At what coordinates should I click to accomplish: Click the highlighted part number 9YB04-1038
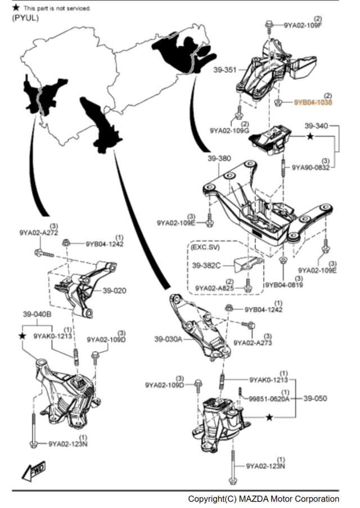click(x=313, y=103)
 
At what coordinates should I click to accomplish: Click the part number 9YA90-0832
click(x=310, y=167)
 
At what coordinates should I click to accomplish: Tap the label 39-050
click(x=316, y=398)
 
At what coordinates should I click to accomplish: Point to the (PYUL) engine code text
click(x=25, y=18)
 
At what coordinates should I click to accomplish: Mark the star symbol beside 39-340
click(x=310, y=135)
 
